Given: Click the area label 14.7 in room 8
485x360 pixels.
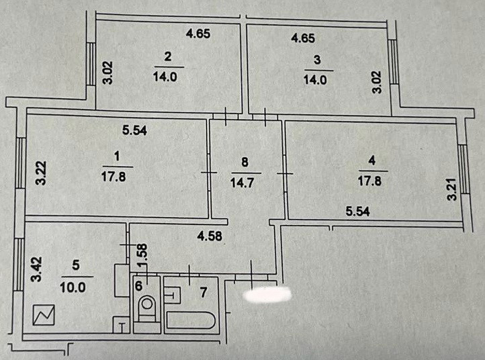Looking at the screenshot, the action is click(245, 179).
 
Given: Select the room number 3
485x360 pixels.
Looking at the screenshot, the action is click(317, 59).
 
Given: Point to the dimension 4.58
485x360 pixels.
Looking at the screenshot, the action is click(209, 236).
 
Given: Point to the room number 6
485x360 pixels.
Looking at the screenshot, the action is click(139, 285).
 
